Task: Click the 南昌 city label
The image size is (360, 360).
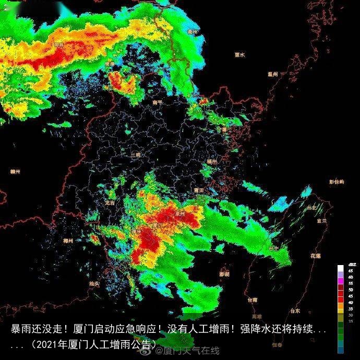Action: [58, 45]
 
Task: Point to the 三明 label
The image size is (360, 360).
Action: [136, 154]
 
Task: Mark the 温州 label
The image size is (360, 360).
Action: [271, 74]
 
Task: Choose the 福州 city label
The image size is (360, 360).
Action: [211, 162]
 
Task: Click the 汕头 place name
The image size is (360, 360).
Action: [94, 283]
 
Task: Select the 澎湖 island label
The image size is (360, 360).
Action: [224, 274]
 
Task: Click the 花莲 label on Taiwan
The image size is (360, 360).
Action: [315, 256]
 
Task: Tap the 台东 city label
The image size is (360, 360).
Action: [295, 311]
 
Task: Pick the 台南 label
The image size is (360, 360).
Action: [253, 300]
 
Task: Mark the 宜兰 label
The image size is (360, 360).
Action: [322, 221]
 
